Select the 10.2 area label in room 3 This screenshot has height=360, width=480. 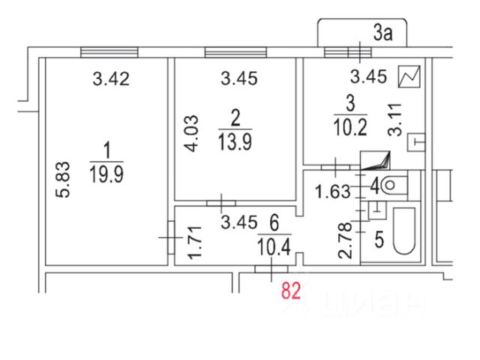pos(347,126)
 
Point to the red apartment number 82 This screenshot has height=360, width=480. pos(291,290)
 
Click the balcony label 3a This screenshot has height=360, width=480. pos(384,32)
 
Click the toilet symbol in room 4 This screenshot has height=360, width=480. pos(393,184)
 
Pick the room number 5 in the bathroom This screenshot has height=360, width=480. pos(379,239)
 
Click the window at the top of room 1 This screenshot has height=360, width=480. pos(104,51)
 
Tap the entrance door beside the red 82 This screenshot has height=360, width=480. pos(268,268)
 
